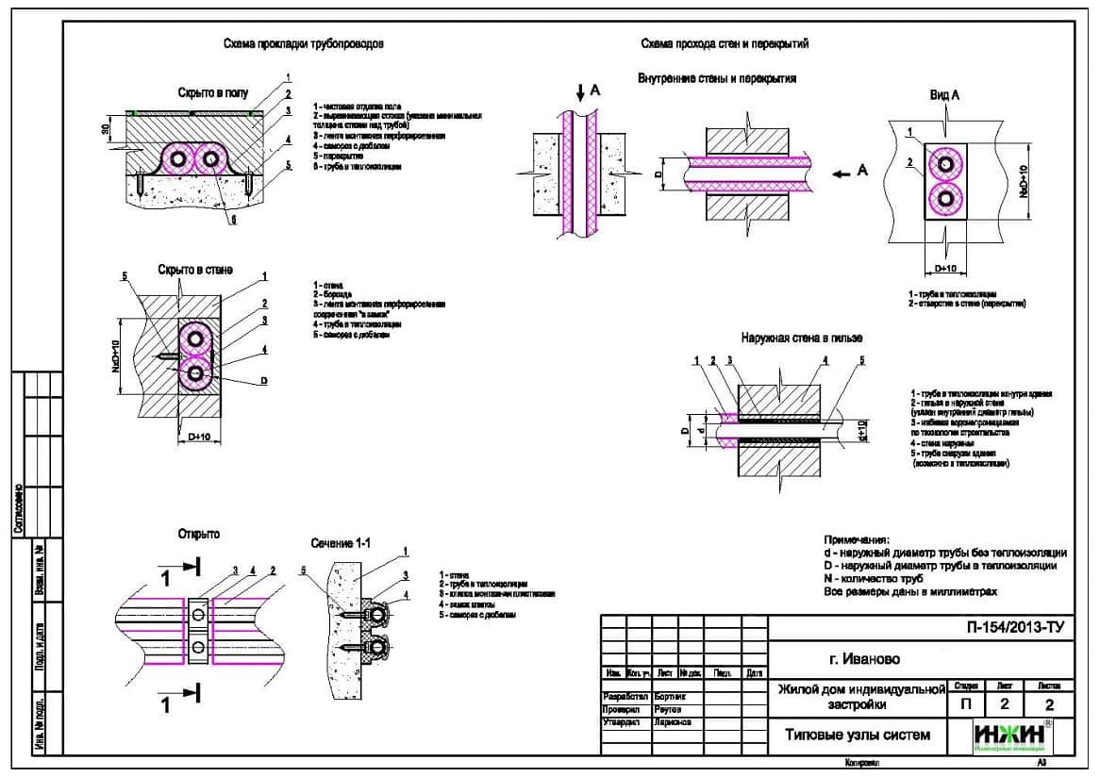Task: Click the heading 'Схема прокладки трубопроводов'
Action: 303,44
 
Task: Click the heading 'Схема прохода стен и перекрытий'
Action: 725,44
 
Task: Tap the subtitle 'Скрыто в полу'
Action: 212,93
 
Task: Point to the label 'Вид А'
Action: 944,96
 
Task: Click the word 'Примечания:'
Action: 857,538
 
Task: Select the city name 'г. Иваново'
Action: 857,658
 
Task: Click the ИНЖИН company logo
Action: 1013,736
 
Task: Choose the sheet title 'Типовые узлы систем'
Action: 858,735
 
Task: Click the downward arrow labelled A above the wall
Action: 580,92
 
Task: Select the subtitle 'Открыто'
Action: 198,535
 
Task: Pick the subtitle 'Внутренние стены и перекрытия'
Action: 717,78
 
